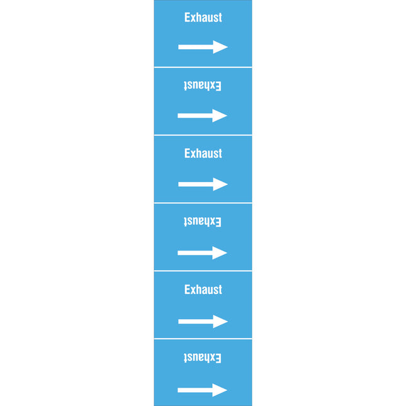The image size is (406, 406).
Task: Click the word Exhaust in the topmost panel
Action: (203, 18)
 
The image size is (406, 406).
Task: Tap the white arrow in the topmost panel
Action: (203, 47)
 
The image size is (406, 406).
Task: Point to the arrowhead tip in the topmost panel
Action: (228, 47)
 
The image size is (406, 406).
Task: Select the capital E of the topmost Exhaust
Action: (187, 18)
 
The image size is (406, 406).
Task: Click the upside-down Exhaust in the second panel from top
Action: (203, 86)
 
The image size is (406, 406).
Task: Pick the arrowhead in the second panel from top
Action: (220, 115)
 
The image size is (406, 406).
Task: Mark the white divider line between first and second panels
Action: (203, 67)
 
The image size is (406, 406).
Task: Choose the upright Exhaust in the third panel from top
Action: (203, 154)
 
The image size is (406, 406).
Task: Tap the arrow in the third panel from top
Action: (203, 184)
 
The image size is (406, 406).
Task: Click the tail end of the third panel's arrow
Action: (178, 184)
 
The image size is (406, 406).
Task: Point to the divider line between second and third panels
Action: (203, 135)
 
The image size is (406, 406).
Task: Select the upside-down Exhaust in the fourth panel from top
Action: (203, 222)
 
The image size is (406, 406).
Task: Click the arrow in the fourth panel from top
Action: (203, 252)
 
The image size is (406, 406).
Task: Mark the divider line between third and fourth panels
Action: (203, 203)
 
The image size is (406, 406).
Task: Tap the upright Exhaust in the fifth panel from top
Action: (203, 290)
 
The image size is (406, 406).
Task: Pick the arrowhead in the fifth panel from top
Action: (220, 321)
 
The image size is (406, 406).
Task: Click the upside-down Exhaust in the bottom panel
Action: (203, 358)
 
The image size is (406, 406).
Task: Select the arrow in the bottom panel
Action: (203, 390)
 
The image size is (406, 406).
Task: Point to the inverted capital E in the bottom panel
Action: (218, 358)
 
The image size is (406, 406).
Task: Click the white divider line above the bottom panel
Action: (203, 339)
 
